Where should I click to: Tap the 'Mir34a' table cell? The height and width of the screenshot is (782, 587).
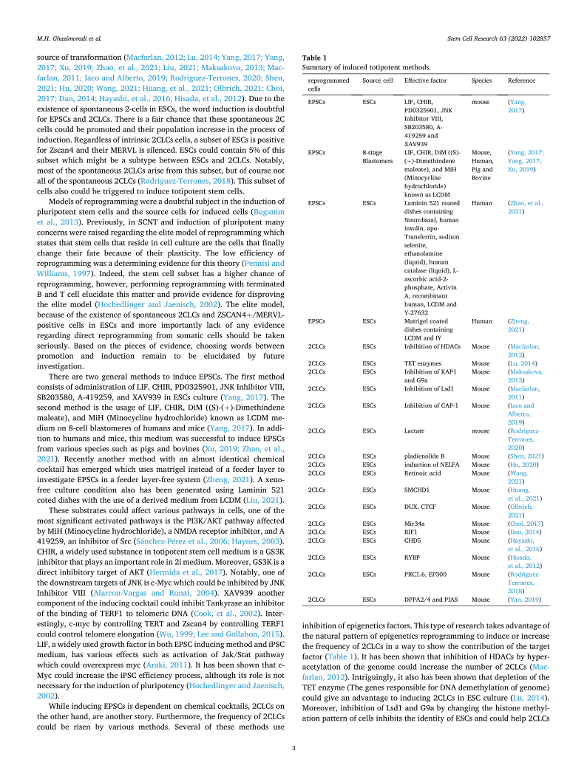pos(416,524)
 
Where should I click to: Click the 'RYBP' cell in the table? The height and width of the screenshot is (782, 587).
pos(413,558)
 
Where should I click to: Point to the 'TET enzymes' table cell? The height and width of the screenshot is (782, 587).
pos(422,363)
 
